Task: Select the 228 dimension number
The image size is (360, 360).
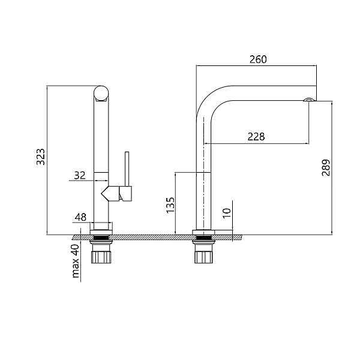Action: coord(256,136)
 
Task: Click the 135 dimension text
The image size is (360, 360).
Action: coord(170,205)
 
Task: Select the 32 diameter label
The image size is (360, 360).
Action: coord(79,175)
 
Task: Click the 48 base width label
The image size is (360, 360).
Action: coord(81,217)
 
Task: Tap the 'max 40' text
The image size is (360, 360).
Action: coord(76,261)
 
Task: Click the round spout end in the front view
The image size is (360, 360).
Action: coord(102,94)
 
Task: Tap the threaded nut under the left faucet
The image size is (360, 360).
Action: coord(101,256)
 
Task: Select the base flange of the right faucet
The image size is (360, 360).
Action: coord(203,232)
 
